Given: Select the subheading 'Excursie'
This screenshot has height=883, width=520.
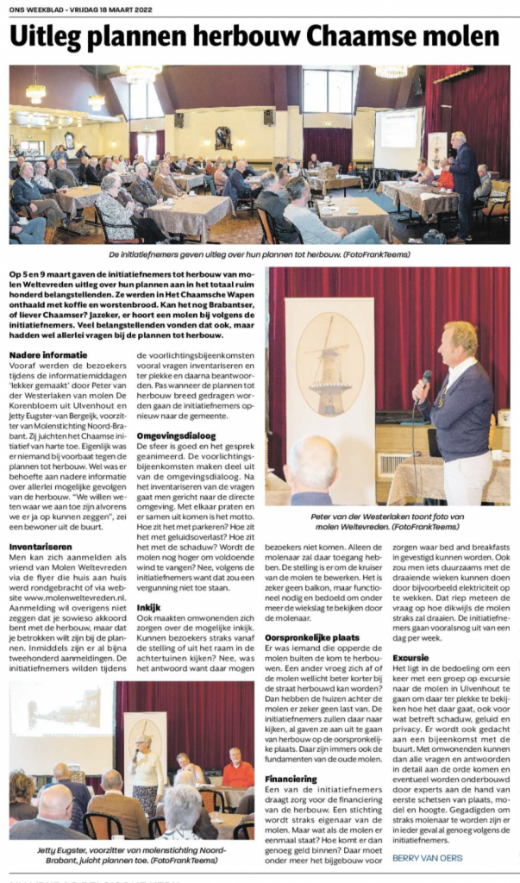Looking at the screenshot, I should point(410,656).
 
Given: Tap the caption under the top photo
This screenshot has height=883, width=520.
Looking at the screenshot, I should point(259,255).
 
